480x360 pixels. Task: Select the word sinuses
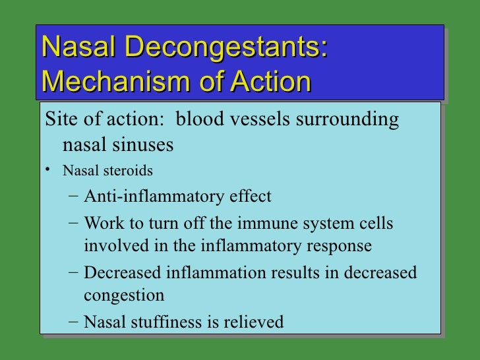143,144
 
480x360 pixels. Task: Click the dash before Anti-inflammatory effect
73,196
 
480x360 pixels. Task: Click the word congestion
123,295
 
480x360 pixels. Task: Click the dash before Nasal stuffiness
73,322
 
